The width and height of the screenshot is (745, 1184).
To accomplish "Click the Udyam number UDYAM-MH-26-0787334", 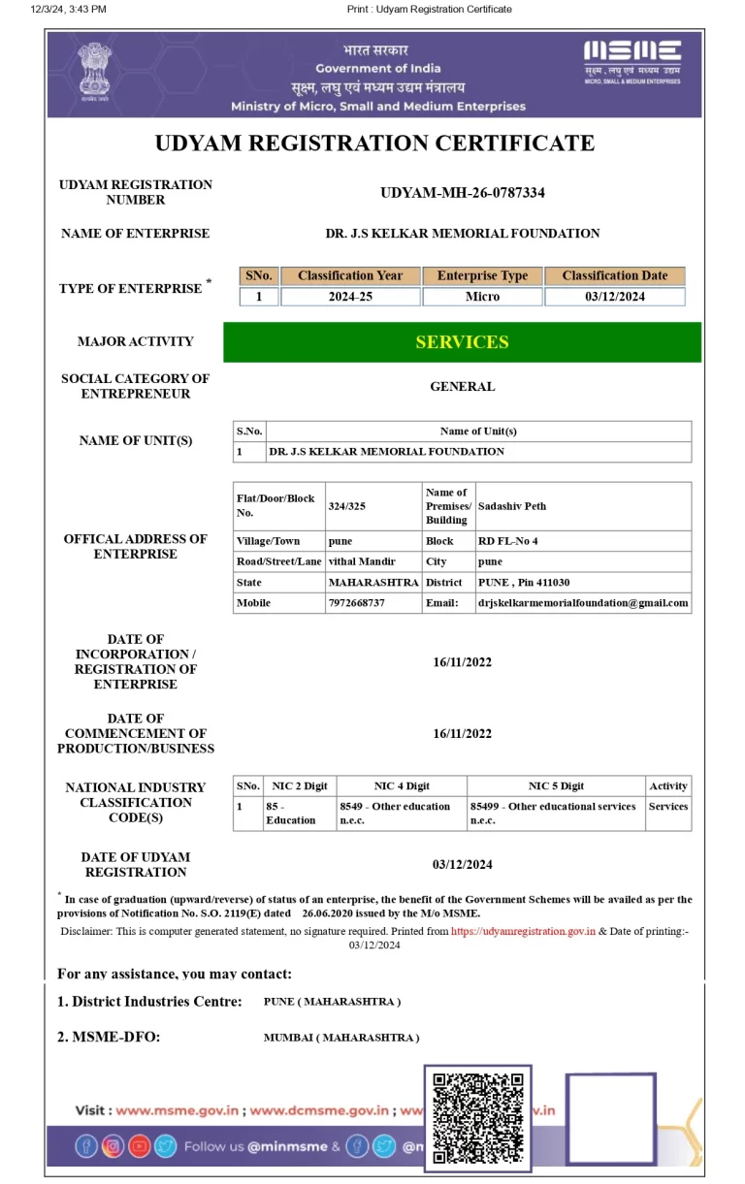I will pos(462,192).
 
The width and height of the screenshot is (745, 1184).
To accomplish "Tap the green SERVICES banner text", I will pos(462,342).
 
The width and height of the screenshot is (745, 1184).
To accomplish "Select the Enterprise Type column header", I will pos(482,275).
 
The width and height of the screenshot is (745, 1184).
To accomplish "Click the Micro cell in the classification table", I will pos(482,297).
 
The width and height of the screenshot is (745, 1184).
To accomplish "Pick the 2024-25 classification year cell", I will pos(350,297).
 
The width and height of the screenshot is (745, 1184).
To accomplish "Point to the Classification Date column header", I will pos(614,275).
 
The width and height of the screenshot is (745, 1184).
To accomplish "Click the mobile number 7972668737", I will pos(357,603).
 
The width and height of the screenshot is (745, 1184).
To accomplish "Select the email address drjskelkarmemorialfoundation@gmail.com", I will pos(583,603).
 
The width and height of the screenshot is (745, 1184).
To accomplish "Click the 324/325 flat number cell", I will pos(347,506).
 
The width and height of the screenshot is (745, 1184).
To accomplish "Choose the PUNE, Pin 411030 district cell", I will pos(524,583).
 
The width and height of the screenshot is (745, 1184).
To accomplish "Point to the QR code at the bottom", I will pos(478,1117).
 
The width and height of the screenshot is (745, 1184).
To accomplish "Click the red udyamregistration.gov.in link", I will pos(523,931).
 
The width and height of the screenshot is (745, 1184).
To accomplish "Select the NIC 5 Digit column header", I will pos(556,786).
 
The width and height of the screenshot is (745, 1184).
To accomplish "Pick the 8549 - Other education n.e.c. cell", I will pos(395,813).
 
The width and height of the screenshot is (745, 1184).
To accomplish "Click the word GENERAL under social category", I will pos(462,386).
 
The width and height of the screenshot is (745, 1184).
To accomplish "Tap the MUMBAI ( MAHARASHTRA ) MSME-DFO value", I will pos(341,1038).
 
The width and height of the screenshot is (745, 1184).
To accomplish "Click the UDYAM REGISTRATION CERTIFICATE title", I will pos(374,144).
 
